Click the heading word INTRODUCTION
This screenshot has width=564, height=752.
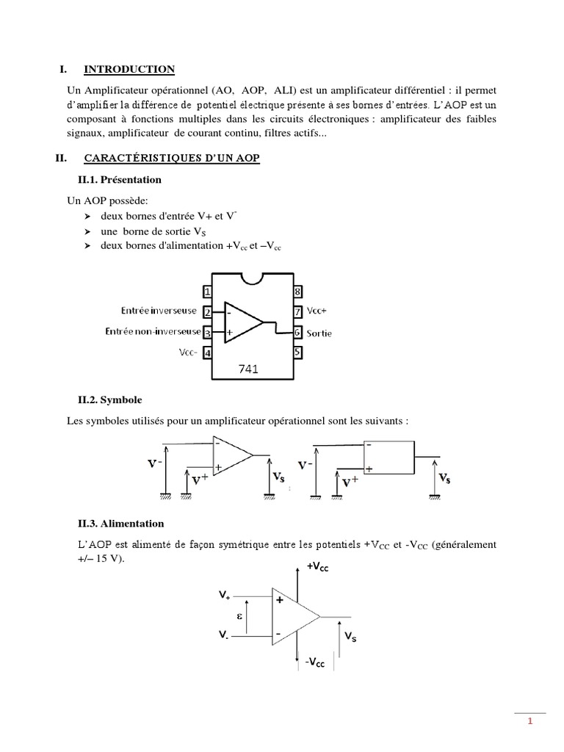click(129, 70)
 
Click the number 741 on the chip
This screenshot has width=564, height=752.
click(249, 369)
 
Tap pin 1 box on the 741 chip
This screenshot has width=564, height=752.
click(208, 292)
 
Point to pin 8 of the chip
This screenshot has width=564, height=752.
click(298, 292)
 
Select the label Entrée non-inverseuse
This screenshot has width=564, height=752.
click(152, 333)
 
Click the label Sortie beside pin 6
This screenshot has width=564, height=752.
click(319, 333)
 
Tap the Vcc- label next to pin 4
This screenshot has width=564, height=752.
click(189, 352)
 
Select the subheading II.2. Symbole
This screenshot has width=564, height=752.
click(109, 400)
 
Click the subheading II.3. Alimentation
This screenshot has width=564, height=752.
click(121, 524)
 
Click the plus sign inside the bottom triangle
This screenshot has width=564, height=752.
click(280, 599)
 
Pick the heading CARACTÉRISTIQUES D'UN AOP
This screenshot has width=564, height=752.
click(172, 158)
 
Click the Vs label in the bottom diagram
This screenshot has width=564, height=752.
click(351, 639)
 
